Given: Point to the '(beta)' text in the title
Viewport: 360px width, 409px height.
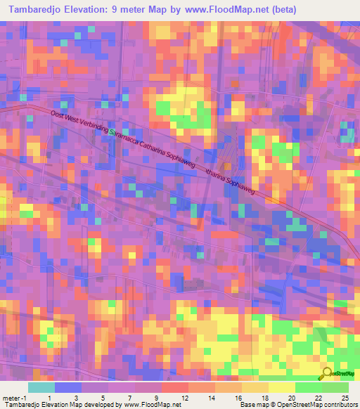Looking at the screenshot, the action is pos(281,9).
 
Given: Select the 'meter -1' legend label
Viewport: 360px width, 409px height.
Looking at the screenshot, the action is pos(14,397).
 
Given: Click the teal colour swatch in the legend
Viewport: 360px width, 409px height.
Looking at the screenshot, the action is pos(41,387).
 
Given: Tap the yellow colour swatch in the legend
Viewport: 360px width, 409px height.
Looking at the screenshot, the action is pos(282,387).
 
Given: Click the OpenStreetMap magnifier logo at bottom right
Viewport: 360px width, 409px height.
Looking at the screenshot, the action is pos(328,374).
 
